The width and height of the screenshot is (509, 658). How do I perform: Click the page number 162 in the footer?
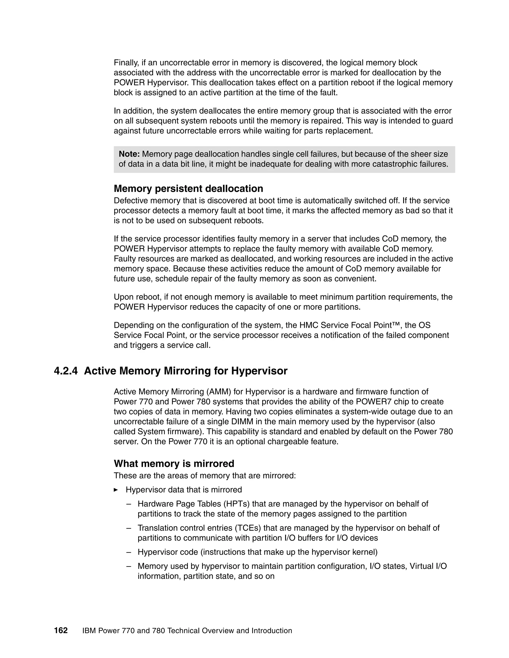coord(61,630)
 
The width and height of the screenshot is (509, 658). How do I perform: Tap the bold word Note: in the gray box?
coord(129,154)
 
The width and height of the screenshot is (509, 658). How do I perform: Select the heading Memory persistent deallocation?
coord(188,189)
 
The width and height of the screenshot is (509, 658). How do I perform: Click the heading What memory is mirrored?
coord(174,463)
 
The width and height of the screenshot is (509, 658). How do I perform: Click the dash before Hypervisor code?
coord(129,552)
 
